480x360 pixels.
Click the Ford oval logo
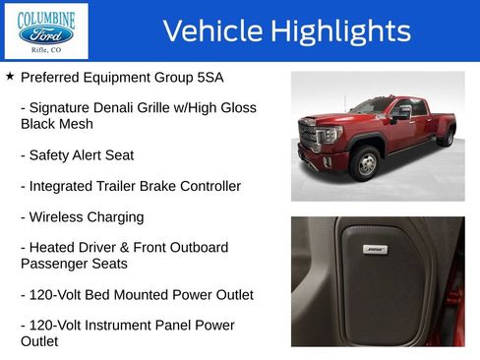point(46,34)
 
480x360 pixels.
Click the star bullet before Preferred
point(10,76)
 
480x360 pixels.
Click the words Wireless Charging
point(82,216)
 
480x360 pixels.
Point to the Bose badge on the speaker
point(375,250)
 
